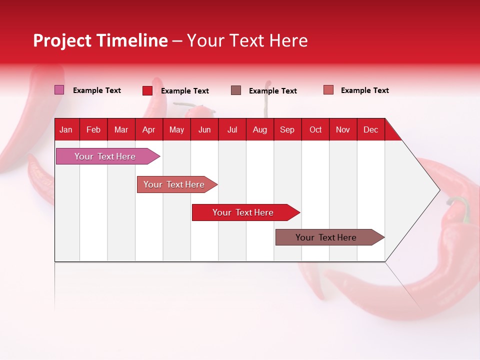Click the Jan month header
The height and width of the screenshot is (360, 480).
(66, 130)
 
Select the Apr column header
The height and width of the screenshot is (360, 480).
(149, 130)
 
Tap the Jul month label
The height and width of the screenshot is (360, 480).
(232, 130)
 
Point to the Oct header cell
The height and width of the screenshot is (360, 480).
(315, 130)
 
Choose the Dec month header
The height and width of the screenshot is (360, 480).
(370, 130)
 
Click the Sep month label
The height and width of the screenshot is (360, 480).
(287, 130)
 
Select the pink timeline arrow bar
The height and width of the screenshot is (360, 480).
(108, 156)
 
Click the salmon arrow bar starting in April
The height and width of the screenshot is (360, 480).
(177, 184)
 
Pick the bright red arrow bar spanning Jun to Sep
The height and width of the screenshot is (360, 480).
(246, 212)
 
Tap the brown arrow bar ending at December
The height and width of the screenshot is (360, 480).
(330, 237)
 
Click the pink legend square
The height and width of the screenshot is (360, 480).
(59, 89)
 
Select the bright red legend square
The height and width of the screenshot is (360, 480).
(147, 90)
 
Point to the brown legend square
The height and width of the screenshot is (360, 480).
(236, 90)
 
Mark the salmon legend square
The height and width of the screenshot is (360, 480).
(328, 89)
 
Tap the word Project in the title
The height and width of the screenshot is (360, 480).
(62, 40)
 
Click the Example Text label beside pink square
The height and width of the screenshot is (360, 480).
(96, 90)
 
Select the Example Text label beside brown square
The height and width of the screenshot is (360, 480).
(273, 91)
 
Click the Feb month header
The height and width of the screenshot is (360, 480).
(93, 130)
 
